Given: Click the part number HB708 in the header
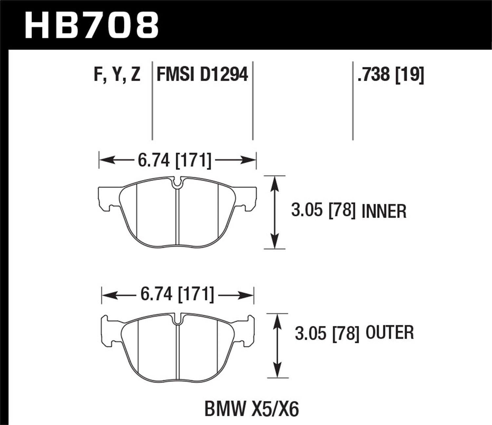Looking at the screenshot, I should pyautogui.click(x=92, y=25).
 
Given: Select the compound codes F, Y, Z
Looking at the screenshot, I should pyautogui.click(x=117, y=75).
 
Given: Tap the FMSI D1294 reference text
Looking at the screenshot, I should pyautogui.click(x=202, y=75).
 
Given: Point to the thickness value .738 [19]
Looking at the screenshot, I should pyautogui.click(x=391, y=75).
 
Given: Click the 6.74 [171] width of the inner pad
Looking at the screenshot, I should pyautogui.click(x=174, y=161).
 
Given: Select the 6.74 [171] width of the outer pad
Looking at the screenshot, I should pyautogui.click(x=177, y=294).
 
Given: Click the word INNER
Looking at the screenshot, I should pyautogui.click(x=384, y=211).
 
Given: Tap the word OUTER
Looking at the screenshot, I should pyautogui.click(x=390, y=333).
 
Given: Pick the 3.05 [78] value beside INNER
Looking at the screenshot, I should pyautogui.click(x=323, y=211).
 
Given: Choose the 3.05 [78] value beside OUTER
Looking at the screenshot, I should pyautogui.click(x=327, y=334).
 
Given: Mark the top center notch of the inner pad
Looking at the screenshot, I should pyautogui.click(x=177, y=184).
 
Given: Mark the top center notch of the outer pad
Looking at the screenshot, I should pyautogui.click(x=177, y=319).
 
